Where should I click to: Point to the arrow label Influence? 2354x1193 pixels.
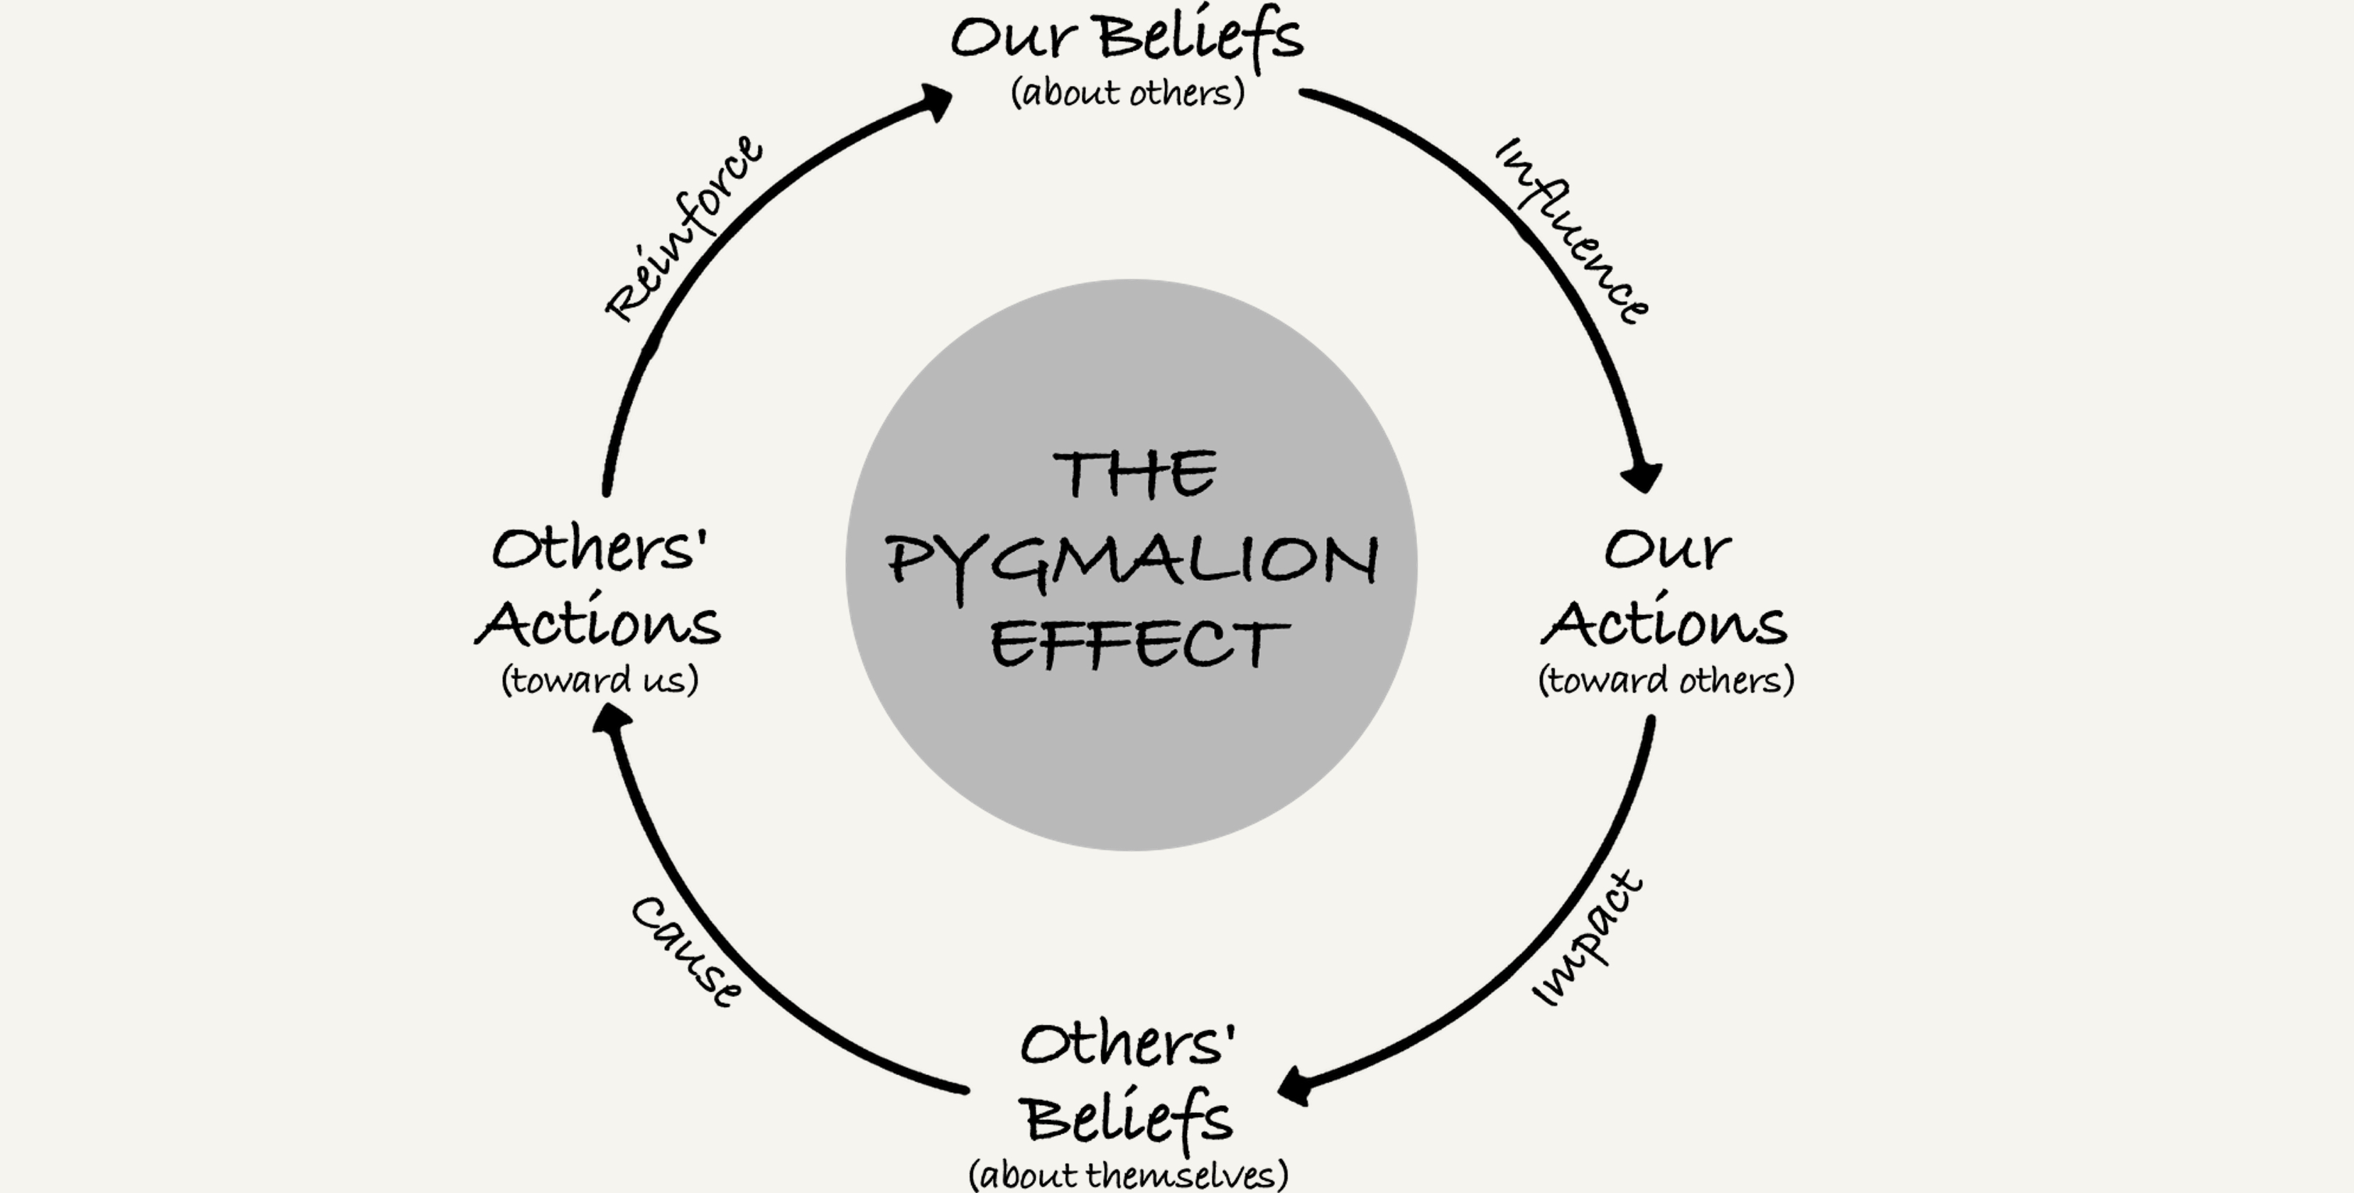click(x=1573, y=231)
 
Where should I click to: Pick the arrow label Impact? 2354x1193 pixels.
click(x=1588, y=939)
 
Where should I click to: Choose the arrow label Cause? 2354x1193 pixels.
click(x=686, y=951)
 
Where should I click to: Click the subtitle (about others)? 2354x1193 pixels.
click(x=1128, y=92)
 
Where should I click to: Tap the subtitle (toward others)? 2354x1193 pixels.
click(x=1666, y=680)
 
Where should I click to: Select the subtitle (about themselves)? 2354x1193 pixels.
click(x=1129, y=1174)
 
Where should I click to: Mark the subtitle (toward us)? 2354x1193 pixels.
click(x=600, y=680)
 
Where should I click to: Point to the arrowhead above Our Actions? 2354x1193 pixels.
click(x=1642, y=476)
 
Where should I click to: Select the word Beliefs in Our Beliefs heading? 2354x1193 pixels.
click(x=1200, y=38)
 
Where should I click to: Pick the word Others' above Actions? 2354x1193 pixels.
click(x=600, y=549)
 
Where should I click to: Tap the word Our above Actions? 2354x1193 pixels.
click(x=1667, y=549)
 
